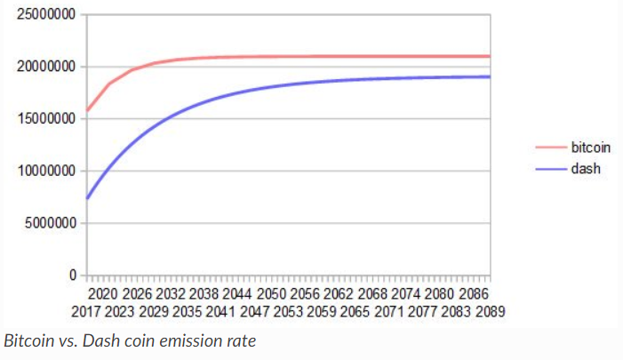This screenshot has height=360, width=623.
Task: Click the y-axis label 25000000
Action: pyautogui.click(x=44, y=14)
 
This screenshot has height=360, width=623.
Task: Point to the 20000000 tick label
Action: pyautogui.click(x=44, y=67)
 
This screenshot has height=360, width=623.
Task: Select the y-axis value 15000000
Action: pyautogui.click(x=44, y=119)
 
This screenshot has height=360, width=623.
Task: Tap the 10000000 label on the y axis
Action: pyautogui.click(x=44, y=171)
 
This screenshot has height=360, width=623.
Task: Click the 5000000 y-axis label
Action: pyautogui.click(x=48, y=223)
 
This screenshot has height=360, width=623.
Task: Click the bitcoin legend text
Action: pyautogui.click(x=591, y=148)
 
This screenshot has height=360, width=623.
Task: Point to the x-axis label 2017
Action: pyautogui.click(x=87, y=313)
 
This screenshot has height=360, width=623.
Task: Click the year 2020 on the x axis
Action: pyautogui.click(x=104, y=293)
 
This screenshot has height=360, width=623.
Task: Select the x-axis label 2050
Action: pyautogui.click(x=271, y=293)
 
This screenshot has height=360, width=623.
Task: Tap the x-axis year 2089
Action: pyautogui.click(x=489, y=313)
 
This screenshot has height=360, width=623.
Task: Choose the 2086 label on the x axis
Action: pyautogui.click(x=472, y=293)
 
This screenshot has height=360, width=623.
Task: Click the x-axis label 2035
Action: pyautogui.click(x=188, y=313)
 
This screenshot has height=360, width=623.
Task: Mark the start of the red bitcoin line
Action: pyautogui.click(x=87, y=112)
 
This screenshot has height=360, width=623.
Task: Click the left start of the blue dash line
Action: pyautogui.click(x=87, y=198)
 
